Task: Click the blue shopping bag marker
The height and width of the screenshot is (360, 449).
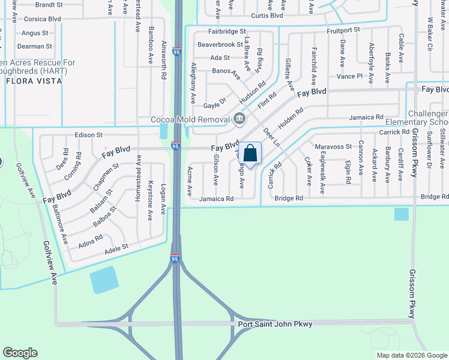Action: (250, 154)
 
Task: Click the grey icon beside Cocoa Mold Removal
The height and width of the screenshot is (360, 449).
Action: (239, 119)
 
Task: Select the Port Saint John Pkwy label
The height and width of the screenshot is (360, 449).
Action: (275, 324)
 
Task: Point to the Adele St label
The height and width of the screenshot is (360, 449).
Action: (116, 247)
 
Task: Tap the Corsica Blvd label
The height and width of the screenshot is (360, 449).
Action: (42, 19)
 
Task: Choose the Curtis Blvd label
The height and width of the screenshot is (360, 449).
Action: (267, 16)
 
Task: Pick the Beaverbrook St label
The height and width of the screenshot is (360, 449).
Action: (220, 44)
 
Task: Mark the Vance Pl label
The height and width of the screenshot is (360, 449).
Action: (350, 76)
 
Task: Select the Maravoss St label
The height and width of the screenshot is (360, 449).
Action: (333, 146)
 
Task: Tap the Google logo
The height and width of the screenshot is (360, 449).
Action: (20, 352)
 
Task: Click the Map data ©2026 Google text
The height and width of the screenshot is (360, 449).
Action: (412, 355)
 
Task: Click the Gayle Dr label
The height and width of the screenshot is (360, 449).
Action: (214, 104)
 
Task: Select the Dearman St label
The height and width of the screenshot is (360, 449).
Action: (35, 46)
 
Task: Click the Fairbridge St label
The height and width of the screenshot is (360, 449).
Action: (228, 31)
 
